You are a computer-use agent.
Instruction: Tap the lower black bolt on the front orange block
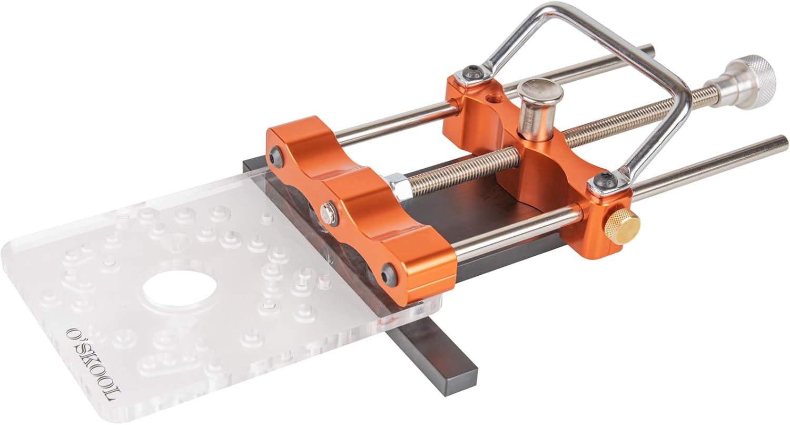pos(389,273)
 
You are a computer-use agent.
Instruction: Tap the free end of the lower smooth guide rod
pos(782,142)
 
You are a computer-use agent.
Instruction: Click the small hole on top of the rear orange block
pos(493,98)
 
